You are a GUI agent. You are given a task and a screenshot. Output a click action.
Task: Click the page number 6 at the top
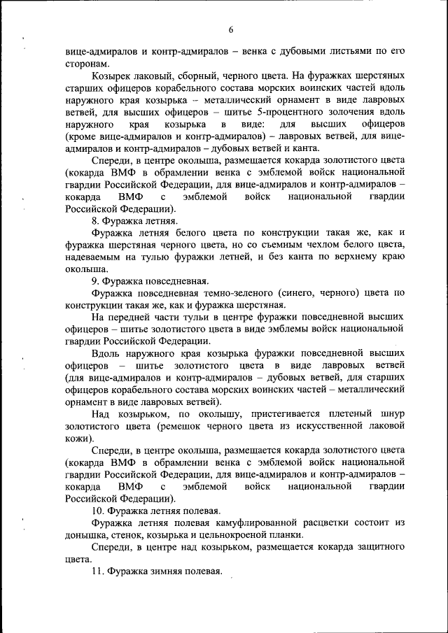(230, 29)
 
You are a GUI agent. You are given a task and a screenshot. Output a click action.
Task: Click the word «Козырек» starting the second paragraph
(112, 75)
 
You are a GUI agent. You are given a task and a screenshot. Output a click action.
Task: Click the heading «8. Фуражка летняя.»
(129, 220)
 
